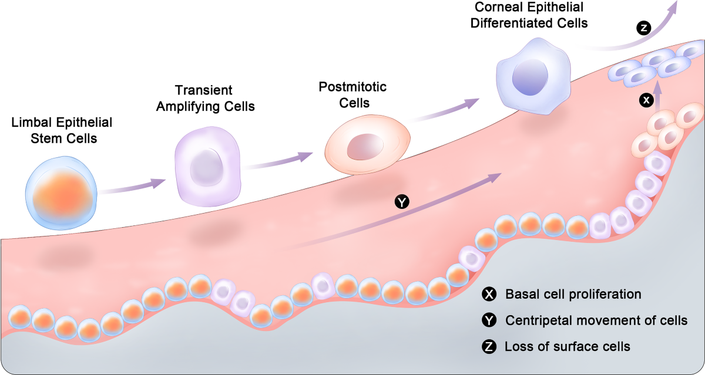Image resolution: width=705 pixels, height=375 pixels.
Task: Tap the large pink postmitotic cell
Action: click(368, 146)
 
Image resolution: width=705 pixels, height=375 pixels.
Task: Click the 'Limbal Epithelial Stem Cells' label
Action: click(62, 131)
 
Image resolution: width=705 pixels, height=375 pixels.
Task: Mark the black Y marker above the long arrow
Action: click(402, 202)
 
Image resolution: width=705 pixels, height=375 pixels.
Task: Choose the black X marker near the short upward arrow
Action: click(646, 101)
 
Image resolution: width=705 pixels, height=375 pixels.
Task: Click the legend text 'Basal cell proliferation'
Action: click(573, 294)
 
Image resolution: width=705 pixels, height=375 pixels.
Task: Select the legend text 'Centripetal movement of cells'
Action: click(596, 320)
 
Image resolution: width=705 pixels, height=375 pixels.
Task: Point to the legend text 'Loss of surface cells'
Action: click(568, 346)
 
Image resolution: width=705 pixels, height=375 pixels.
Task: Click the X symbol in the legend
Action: click(488, 294)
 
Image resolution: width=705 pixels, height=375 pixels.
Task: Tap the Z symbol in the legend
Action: click(488, 346)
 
